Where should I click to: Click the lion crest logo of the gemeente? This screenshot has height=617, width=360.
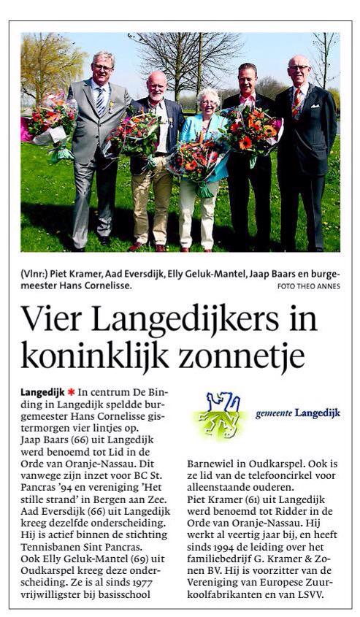221,415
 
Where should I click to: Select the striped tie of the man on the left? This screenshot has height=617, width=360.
100,100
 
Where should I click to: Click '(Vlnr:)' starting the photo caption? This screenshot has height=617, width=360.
34,275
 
